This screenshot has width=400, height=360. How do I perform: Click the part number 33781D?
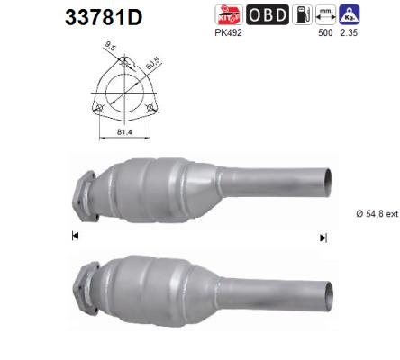coord(102,19)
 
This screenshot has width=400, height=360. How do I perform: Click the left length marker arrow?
coord(75,235)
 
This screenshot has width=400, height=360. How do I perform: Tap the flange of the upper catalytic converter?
coord(84,192)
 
